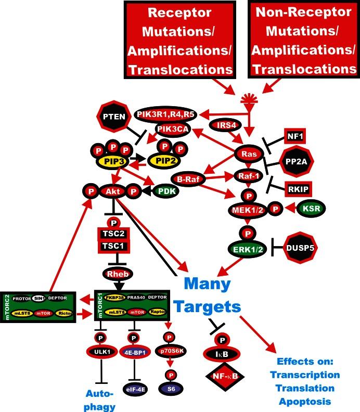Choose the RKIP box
coord(299,190)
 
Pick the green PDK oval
coord(163,192)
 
